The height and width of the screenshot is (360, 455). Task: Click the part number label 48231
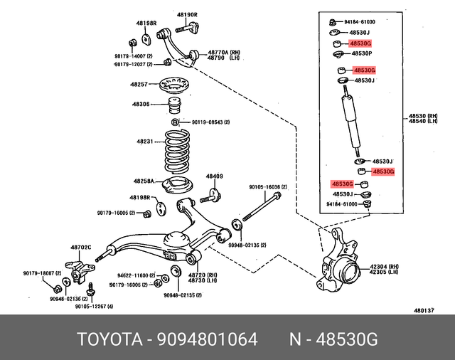tap(145, 142)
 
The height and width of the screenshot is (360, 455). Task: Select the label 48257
tap(139, 85)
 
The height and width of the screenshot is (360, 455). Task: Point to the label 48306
tap(140, 105)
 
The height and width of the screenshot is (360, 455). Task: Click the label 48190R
tap(186, 14)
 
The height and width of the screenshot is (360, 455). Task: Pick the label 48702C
tap(80, 248)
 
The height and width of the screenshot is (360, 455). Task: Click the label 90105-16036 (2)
tap(267, 186)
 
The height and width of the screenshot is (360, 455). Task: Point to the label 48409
tap(215, 176)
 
